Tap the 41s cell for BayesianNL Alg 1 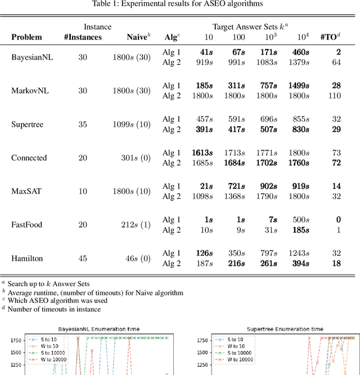click(x=208, y=52)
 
